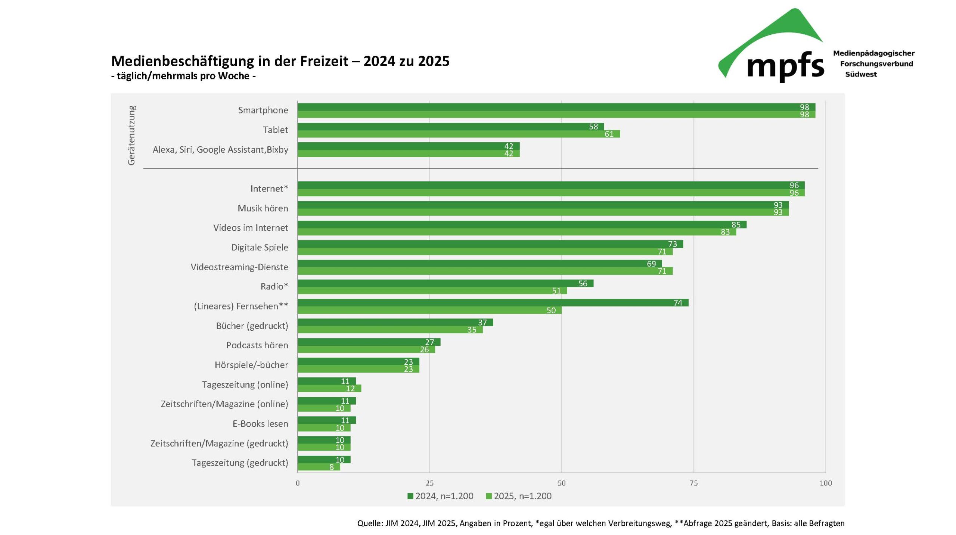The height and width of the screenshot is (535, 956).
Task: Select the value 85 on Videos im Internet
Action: coord(736,225)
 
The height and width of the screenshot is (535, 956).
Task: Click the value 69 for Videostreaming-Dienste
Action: coord(651,264)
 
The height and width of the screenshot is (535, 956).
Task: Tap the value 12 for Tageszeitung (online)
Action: coord(350,389)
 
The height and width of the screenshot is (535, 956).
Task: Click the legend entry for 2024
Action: coord(440,496)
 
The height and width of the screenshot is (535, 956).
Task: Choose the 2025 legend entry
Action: coord(519,496)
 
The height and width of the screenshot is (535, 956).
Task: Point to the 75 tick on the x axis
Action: coord(693,483)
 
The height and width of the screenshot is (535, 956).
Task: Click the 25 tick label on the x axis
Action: coord(429,483)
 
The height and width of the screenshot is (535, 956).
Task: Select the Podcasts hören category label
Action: coord(257,345)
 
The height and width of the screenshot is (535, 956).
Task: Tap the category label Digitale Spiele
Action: coord(260,247)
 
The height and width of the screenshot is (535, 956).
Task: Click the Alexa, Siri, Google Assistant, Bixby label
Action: coord(220,149)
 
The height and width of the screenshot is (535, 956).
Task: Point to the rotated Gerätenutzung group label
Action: coord(131,135)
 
